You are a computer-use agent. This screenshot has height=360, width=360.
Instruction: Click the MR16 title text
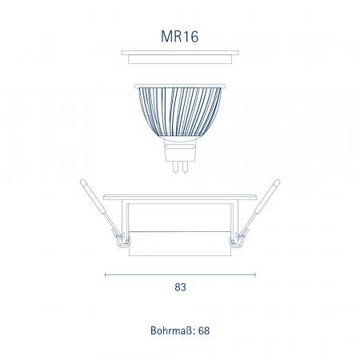(x=180, y=37)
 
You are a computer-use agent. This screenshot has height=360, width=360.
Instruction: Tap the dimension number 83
(x=180, y=287)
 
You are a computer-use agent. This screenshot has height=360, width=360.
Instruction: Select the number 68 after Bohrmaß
(x=204, y=330)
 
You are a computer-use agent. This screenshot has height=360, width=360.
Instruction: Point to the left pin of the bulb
(x=175, y=166)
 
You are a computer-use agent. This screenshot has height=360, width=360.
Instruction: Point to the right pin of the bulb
(x=185, y=166)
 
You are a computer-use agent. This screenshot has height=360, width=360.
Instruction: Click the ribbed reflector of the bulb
(x=180, y=112)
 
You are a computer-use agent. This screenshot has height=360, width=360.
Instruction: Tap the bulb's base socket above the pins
(x=180, y=150)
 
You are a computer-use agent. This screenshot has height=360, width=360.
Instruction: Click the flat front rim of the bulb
(x=180, y=86)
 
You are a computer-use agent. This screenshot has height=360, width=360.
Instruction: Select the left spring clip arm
(x=100, y=208)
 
